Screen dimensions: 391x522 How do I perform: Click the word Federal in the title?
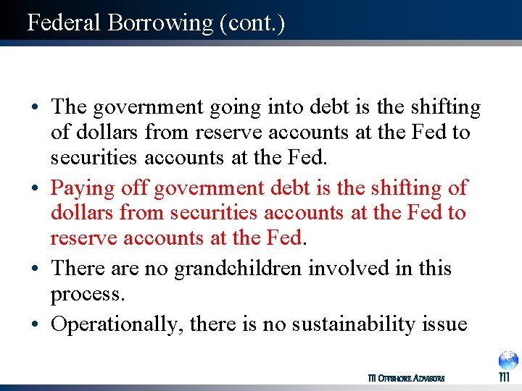coord(64,22)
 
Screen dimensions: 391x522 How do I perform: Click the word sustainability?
coord(352,324)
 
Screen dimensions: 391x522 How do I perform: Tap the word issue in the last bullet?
coord(445,324)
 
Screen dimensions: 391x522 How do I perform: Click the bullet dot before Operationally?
coord(35,324)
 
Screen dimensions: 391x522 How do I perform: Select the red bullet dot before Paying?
coord(35,189)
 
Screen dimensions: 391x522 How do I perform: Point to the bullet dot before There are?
coord(35,269)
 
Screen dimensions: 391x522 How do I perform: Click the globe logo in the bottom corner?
coord(507,361)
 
